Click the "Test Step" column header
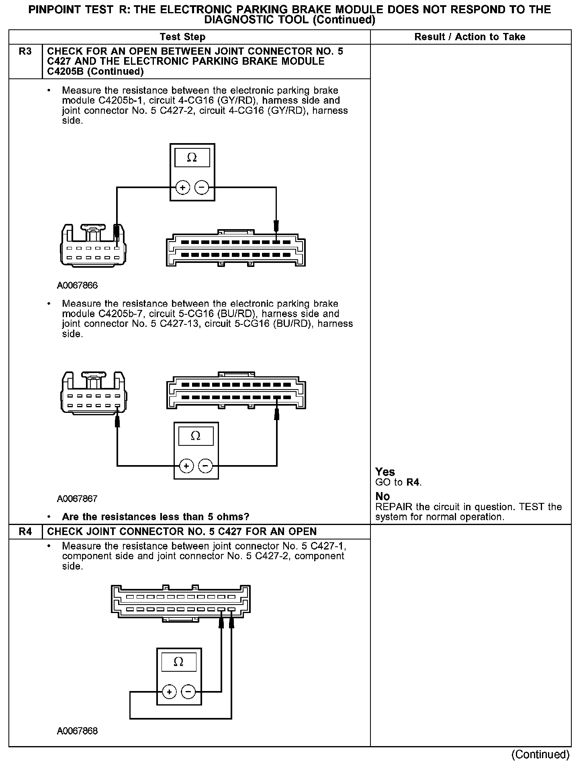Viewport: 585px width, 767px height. tap(182, 37)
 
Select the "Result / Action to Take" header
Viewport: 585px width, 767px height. tap(470, 37)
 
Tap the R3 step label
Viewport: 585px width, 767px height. tap(25, 51)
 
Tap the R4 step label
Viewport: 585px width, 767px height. tap(25, 531)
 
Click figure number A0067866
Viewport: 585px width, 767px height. tap(77, 285)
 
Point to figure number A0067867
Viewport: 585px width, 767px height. tap(77, 499)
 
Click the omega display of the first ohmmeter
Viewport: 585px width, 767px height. tap(192, 158)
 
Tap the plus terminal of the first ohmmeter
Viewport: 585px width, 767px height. tap(182, 187)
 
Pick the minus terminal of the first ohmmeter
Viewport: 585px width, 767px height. tap(202, 187)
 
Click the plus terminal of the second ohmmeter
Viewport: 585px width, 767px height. tap(186, 466)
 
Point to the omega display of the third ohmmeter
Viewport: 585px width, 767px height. tap(179, 662)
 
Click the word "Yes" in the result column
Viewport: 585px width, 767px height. tap(385, 472)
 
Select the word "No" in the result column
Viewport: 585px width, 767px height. tap(382, 496)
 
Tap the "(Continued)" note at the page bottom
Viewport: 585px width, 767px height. tap(540, 755)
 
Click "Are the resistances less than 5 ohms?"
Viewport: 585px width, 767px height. tap(155, 517)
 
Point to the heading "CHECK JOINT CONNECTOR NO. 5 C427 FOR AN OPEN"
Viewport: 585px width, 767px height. tap(182, 531)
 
